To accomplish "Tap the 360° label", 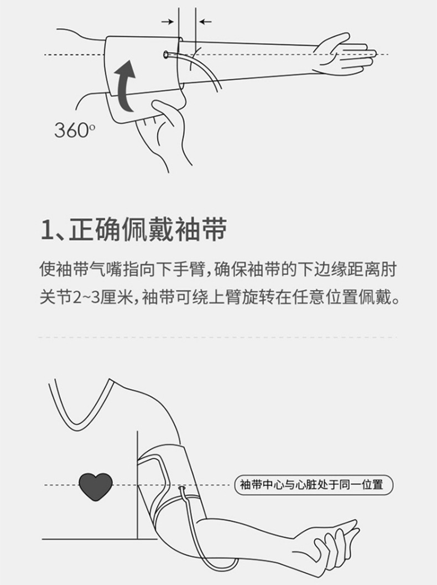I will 75,131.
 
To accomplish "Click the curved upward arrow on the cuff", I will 124,86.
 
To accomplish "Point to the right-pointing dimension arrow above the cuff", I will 168,22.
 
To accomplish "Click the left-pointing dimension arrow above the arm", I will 205,22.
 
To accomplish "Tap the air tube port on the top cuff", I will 166,54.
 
